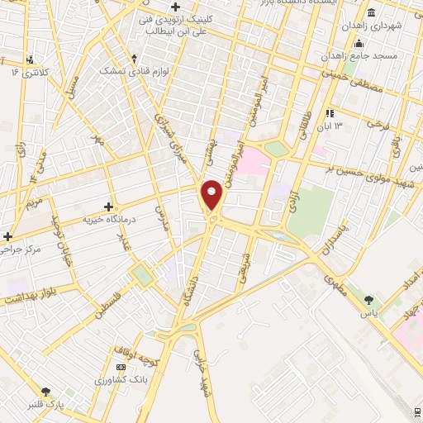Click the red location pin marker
[x=211, y=195]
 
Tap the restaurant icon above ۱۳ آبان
[x=330, y=112]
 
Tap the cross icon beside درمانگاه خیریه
[x=108, y=206]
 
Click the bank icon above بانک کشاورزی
[x=121, y=367]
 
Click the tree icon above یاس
[x=368, y=300]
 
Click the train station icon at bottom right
[x=417, y=411]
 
